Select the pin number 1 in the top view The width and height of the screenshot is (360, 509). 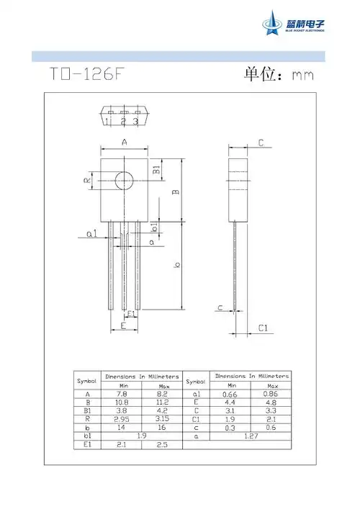click(x=107, y=121)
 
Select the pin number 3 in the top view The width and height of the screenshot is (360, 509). click(x=135, y=121)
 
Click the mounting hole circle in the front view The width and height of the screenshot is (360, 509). click(x=125, y=179)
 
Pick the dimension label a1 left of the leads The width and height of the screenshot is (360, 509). click(x=91, y=235)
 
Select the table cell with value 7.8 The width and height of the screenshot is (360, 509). click(x=120, y=394)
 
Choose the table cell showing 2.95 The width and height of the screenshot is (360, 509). click(x=120, y=420)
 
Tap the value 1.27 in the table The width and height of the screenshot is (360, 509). click(x=251, y=436)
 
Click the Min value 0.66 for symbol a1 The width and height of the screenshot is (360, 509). click(x=227, y=394)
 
